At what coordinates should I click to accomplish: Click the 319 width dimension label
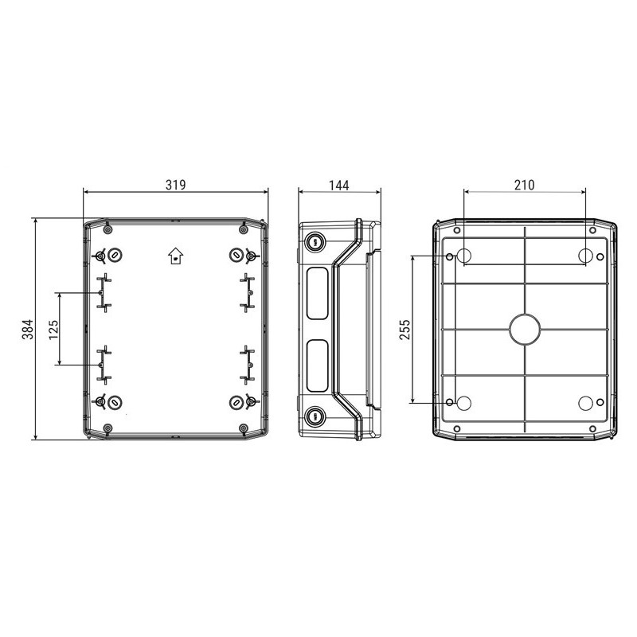[175, 185]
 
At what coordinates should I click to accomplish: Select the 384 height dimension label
[28, 330]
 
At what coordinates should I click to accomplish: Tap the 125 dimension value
[53, 330]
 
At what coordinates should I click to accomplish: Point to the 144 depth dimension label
[339, 186]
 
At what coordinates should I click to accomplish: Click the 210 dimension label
[524, 185]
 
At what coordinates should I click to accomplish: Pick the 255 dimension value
[405, 330]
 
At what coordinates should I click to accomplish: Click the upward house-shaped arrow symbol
[175, 256]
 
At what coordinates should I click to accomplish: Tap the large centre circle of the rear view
[525, 330]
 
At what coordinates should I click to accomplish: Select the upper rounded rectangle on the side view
[317, 293]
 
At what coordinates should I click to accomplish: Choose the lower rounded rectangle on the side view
[317, 365]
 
